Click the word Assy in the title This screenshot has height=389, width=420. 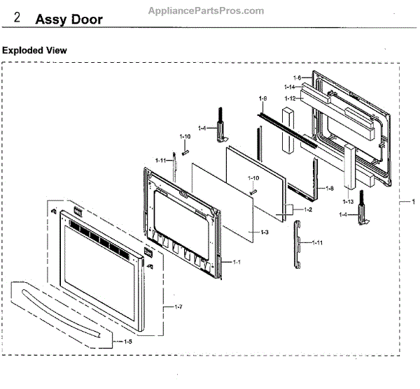[x=55, y=19]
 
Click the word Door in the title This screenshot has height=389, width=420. [x=90, y=19]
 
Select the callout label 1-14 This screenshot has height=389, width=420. [x=290, y=87]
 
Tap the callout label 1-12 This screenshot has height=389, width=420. [x=290, y=98]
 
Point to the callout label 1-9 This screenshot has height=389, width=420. [x=263, y=98]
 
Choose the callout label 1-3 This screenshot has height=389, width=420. [x=264, y=232]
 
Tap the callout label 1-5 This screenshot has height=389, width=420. [x=126, y=342]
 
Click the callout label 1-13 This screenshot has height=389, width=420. [x=348, y=202]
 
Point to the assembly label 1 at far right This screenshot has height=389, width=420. [x=412, y=202]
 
